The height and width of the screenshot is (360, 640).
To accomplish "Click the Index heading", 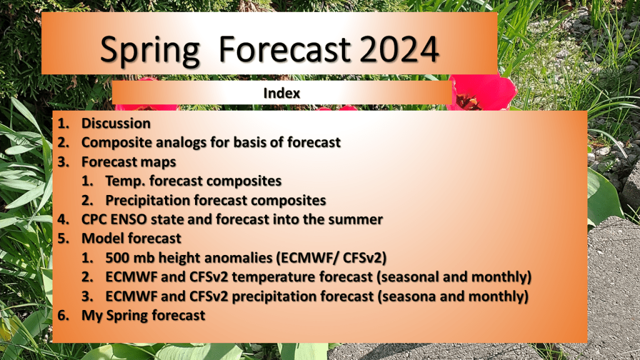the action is pos(282,93).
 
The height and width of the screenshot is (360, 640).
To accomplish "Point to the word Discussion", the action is pos(116,123).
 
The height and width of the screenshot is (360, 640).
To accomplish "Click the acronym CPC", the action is pos(94,219).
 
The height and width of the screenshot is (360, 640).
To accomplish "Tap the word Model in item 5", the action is pos(100,238).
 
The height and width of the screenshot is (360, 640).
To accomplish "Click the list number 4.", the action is pos(63,219).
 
